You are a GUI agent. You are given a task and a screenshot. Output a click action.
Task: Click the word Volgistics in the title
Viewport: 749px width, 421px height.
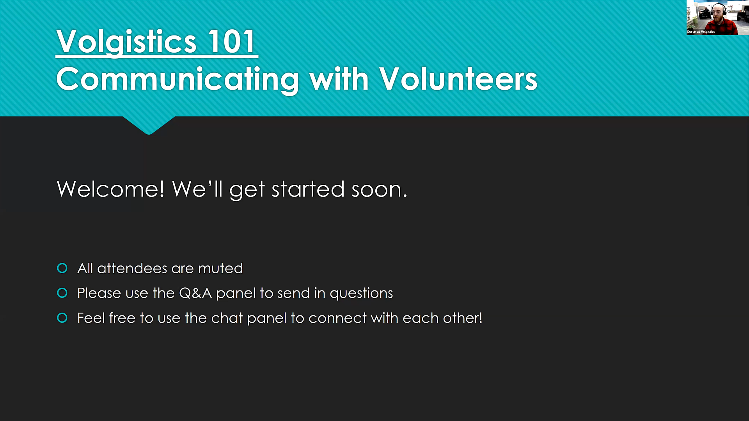pyautogui.click(x=126, y=42)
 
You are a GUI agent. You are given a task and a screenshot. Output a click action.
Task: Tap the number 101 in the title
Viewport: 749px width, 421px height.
pyautogui.click(x=232, y=41)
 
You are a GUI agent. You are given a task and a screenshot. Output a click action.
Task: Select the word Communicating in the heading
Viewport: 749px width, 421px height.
pyautogui.click(x=177, y=80)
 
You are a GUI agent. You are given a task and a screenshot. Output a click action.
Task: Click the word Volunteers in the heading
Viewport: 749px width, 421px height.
pyautogui.click(x=458, y=79)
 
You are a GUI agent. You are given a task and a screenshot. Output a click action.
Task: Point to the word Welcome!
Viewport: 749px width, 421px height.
pyautogui.click(x=111, y=189)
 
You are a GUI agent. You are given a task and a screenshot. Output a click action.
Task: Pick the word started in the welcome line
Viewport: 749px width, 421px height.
pyautogui.click(x=308, y=189)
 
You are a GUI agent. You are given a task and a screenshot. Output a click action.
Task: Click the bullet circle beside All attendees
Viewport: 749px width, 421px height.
pyautogui.click(x=62, y=268)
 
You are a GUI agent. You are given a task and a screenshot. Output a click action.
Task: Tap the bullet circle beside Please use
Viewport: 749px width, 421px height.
pyautogui.click(x=62, y=293)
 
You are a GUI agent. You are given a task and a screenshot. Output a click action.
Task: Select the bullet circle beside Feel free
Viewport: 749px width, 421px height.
pyautogui.click(x=62, y=318)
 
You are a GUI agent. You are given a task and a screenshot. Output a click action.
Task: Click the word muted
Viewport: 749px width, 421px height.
pyautogui.click(x=220, y=268)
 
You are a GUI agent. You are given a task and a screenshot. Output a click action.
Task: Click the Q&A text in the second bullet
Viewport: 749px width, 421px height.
pyautogui.click(x=195, y=293)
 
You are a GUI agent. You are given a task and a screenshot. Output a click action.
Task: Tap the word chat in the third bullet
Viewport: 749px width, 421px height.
pyautogui.click(x=227, y=318)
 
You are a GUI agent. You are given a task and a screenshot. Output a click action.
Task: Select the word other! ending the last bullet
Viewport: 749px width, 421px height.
pyautogui.click(x=463, y=318)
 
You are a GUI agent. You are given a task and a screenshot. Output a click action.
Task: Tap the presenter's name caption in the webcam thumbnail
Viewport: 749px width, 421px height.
pyautogui.click(x=701, y=32)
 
